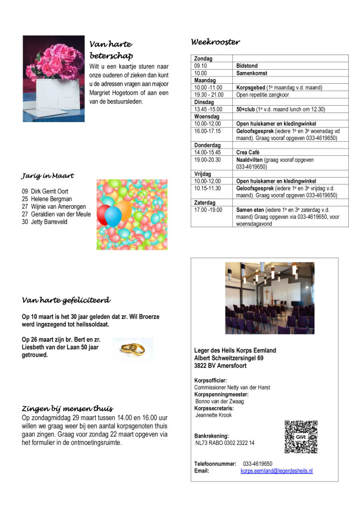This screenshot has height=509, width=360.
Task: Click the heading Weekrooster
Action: (x=215, y=42)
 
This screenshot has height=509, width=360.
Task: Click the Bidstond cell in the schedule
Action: (x=247, y=66)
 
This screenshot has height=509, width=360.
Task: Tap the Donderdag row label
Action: (x=207, y=145)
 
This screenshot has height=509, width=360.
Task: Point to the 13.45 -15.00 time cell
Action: (x=208, y=109)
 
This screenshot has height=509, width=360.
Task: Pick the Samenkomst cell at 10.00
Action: (x=251, y=73)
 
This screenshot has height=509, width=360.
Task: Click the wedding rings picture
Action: (x=132, y=349)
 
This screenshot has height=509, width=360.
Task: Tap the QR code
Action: (x=301, y=437)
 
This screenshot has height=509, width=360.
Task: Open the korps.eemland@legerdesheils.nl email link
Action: (x=276, y=471)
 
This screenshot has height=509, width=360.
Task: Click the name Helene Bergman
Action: (x=47, y=199)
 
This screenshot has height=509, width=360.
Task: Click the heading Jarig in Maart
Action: (x=48, y=176)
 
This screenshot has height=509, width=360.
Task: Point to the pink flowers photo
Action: (x=53, y=79)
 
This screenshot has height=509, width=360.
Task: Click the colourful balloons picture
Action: (x=132, y=214)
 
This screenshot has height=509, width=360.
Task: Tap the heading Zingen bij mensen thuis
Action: (x=67, y=408)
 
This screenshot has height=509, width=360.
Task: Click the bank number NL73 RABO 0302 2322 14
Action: (x=224, y=443)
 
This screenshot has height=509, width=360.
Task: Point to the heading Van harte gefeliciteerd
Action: (x=66, y=300)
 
